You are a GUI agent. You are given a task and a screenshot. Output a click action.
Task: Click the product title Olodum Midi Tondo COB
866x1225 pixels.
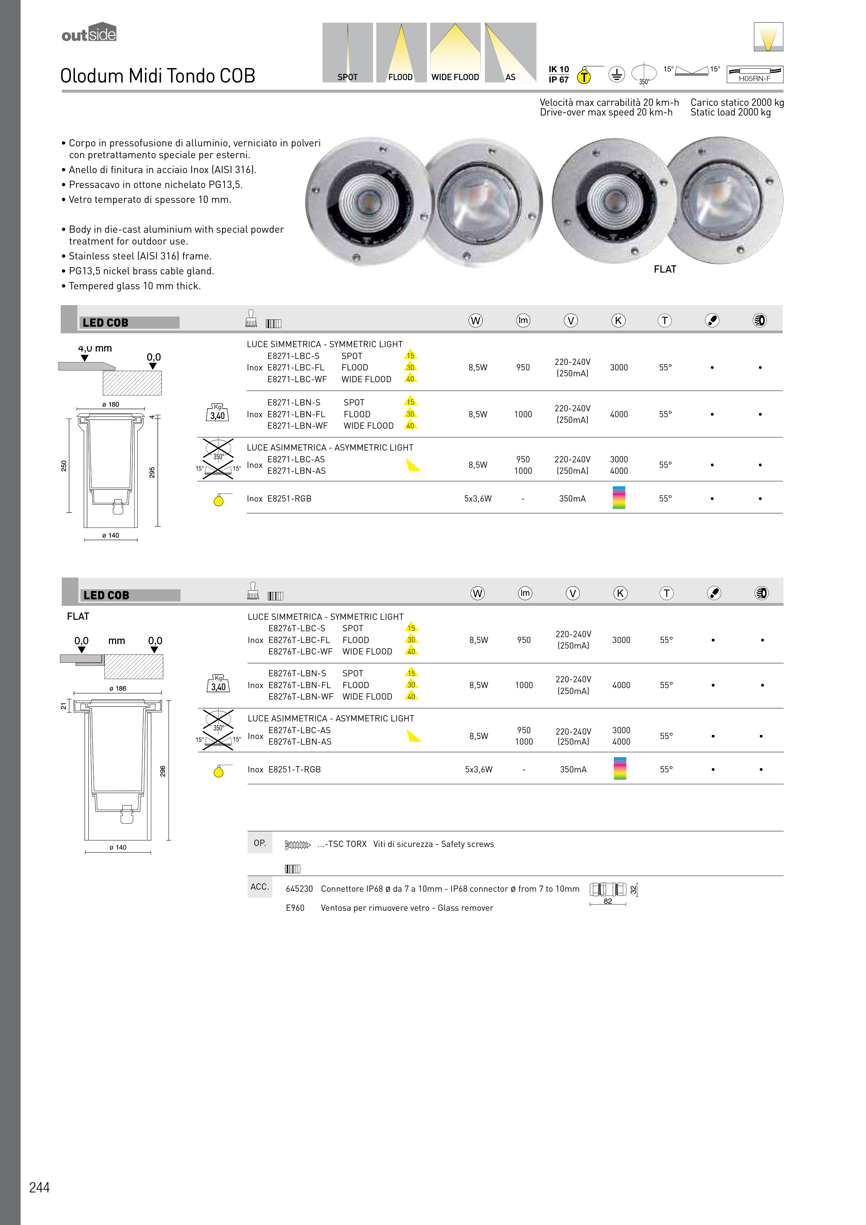157,76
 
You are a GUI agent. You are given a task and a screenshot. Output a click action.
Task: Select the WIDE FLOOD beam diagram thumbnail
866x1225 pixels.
455,52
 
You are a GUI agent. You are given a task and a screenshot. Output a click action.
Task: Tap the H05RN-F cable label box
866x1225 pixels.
754,75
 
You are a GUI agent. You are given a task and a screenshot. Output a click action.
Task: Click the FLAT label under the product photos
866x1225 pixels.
665,269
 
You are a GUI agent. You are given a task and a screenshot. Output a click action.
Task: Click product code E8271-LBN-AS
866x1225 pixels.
297,471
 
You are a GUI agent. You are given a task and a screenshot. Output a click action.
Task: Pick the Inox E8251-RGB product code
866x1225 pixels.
289,499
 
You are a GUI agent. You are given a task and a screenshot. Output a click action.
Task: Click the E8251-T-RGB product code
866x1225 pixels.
294,769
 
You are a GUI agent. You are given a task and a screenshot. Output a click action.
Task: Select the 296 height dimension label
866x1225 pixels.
163,771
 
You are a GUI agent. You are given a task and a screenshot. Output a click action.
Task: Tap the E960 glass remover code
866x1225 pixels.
295,908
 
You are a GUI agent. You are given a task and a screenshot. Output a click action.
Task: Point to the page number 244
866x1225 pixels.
40,1188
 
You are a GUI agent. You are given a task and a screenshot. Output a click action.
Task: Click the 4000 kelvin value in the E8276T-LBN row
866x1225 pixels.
621,685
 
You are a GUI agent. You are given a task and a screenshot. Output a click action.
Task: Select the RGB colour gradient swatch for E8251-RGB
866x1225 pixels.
619,497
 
